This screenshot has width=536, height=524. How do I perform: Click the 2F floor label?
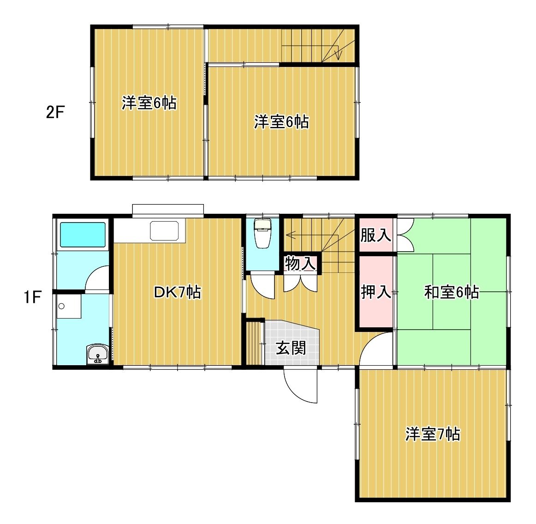(x=55, y=112)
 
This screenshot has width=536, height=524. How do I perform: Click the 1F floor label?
(x=33, y=297)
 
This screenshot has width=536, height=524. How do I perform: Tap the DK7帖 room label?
(x=178, y=292)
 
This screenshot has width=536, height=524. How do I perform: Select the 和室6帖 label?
(x=451, y=292)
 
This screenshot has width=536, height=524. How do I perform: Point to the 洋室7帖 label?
(x=433, y=434)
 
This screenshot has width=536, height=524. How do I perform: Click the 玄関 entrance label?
(x=291, y=348)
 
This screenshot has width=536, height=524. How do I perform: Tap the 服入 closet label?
(x=375, y=235)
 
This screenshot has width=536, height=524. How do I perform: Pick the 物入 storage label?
(x=300, y=263)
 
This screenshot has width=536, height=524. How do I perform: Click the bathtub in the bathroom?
(x=83, y=235)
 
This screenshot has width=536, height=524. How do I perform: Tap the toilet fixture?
(x=263, y=233)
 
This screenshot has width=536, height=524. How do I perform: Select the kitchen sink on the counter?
(x=164, y=230)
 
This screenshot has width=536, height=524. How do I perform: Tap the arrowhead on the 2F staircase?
(x=339, y=55)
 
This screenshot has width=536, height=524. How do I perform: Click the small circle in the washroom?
(x=61, y=306)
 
